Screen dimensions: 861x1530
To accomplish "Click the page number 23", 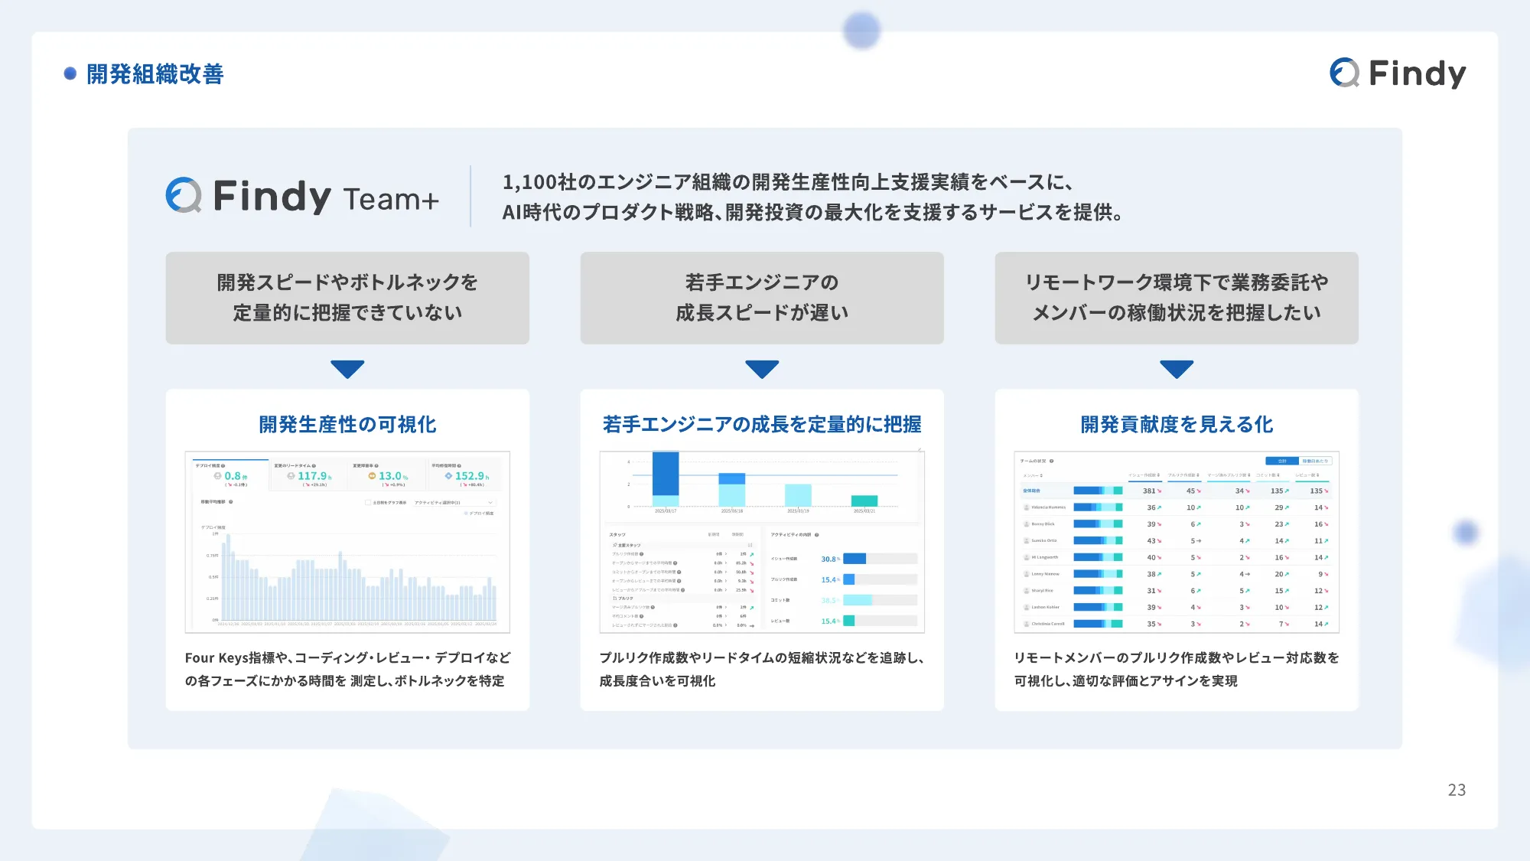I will pyautogui.click(x=1457, y=790).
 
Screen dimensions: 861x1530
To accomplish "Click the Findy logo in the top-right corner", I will pyautogui.click(x=1398, y=73).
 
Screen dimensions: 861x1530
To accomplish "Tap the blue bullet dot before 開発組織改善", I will pyautogui.click(x=70, y=73).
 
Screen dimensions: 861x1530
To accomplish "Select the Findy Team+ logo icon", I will pyautogui.click(x=184, y=196).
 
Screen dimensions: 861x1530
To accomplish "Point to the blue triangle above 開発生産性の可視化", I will pyautogui.click(x=347, y=369).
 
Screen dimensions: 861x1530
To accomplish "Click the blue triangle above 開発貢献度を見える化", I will pyautogui.click(x=1177, y=369).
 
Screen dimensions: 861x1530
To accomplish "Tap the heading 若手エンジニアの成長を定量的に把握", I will pyautogui.click(x=762, y=424).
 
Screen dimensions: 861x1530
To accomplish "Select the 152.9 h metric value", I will pyautogui.click(x=470, y=476).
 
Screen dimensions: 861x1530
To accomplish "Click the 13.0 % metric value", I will pyautogui.click(x=391, y=476).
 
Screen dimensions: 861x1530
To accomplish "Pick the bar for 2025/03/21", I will pyautogui.click(x=864, y=501).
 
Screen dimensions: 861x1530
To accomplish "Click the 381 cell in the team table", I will pyautogui.click(x=1150, y=491).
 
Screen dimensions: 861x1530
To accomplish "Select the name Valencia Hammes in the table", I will pyautogui.click(x=1048, y=507).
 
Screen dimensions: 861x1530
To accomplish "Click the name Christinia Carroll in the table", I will pyautogui.click(x=1047, y=624).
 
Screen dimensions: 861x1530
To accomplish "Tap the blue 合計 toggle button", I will pyautogui.click(x=1283, y=461).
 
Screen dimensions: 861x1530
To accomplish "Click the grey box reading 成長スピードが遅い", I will pyautogui.click(x=762, y=298).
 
